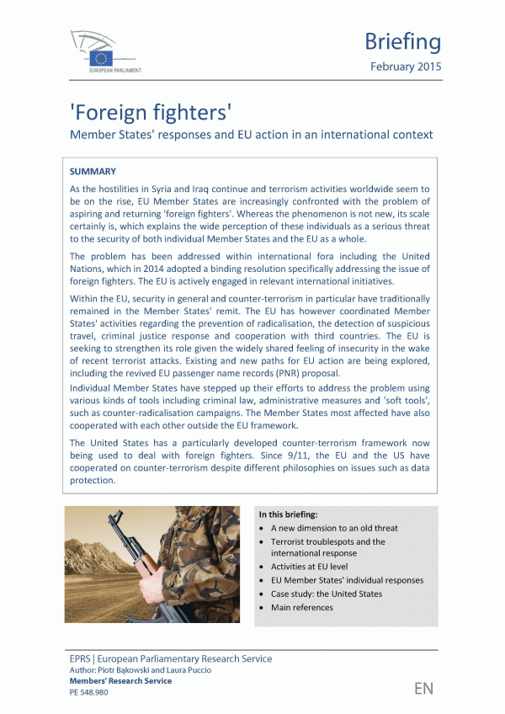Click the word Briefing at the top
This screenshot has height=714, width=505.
coord(402,41)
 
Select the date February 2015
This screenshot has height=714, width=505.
coord(405,67)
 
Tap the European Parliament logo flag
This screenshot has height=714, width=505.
coord(103,58)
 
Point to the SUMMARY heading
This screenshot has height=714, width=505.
coord(93,171)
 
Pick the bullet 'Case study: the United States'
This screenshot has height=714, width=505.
coord(326,594)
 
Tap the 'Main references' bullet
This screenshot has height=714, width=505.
coord(301,607)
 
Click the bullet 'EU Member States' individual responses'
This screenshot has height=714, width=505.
coord(347,580)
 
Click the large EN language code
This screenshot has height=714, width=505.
coord(423,688)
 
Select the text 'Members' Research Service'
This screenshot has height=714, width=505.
coord(120,681)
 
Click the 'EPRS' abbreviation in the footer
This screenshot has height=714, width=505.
coord(80,658)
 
